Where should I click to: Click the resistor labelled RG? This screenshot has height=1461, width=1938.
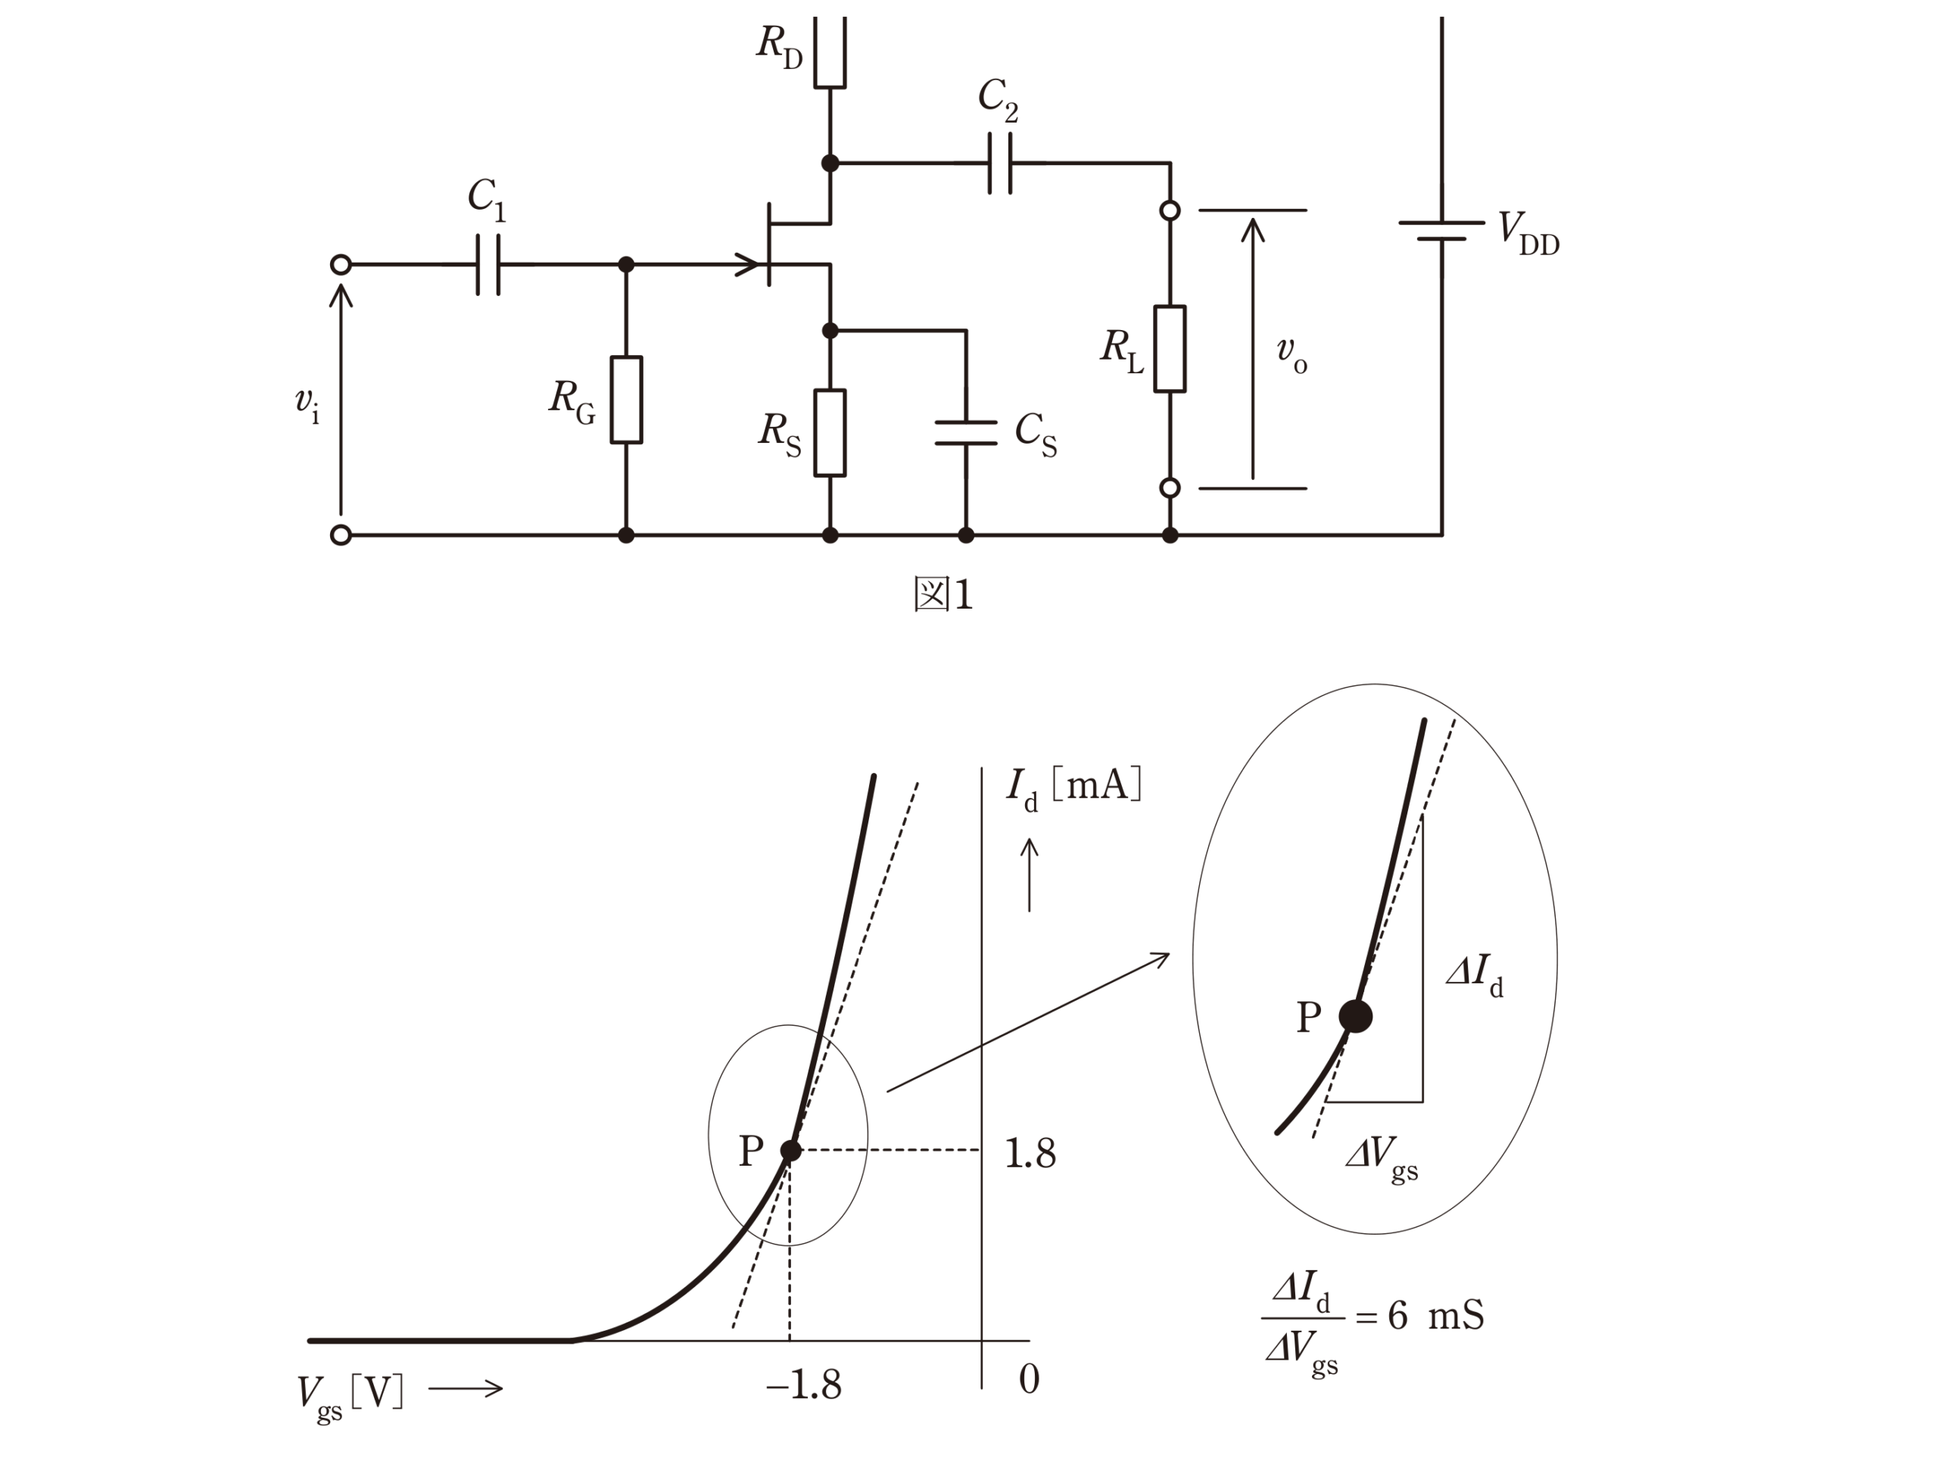click(625, 400)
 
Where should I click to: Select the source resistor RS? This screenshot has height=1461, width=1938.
click(830, 433)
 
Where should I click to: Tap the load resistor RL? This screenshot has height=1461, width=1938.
click(1170, 349)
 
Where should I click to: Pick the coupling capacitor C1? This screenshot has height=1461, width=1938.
click(488, 264)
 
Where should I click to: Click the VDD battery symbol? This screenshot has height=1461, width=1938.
click(1441, 230)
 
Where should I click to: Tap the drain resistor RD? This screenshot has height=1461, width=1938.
click(830, 51)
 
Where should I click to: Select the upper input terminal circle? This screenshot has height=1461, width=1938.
click(341, 264)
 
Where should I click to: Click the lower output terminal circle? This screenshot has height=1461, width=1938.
click(1170, 488)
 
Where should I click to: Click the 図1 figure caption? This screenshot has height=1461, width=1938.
click(943, 595)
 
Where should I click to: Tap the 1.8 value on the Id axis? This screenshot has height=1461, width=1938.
click(1030, 1154)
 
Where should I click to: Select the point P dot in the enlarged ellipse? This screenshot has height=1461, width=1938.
click(1355, 1016)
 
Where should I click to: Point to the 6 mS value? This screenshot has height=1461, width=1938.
click(1436, 1316)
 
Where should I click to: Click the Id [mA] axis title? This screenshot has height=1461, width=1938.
click(1074, 787)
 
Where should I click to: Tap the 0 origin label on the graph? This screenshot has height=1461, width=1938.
click(1030, 1379)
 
